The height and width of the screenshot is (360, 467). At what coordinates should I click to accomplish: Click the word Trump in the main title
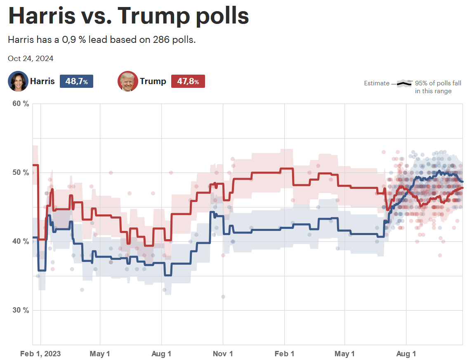pos(153,16)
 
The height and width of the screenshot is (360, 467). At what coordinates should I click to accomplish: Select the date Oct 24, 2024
pos(31,59)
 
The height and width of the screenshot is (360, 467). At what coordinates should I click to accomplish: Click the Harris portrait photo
pos(18,81)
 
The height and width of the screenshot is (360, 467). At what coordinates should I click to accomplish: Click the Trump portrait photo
pos(127,81)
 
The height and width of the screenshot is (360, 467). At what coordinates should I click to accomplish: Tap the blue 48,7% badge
pos(76,82)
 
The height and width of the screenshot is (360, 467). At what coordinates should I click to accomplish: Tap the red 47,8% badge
pos(188,82)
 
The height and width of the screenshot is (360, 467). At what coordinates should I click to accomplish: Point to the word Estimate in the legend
pos(376,83)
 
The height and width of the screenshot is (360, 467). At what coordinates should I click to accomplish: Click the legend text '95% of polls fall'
pos(438,83)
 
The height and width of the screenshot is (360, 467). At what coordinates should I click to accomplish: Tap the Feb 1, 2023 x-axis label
pos(40,354)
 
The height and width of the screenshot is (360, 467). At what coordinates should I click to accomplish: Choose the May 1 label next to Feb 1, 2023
pos(100,354)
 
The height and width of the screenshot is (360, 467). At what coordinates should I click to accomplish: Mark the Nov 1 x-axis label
pos(223,354)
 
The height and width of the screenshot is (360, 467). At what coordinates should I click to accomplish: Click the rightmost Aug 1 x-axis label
pos(406,354)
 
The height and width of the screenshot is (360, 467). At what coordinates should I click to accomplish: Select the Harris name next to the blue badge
pos(42,81)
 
